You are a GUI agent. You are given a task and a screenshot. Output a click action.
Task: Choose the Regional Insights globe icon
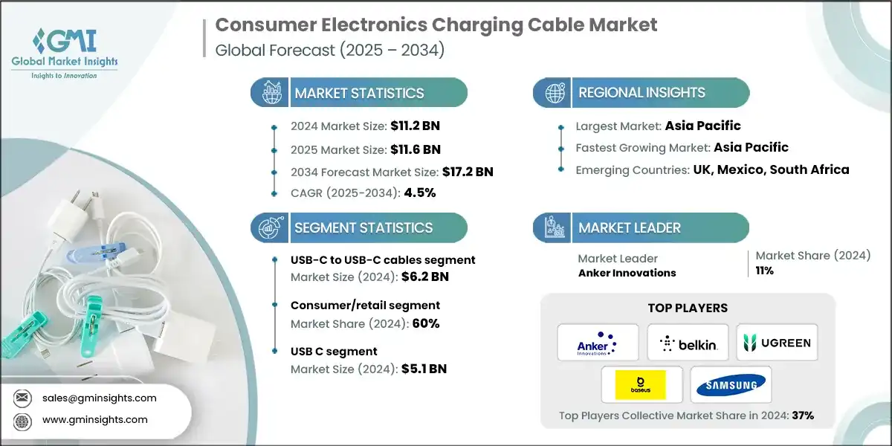point(555,93)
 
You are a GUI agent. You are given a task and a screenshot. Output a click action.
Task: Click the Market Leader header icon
point(555,227)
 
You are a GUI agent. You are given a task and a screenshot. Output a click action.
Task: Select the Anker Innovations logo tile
point(598,343)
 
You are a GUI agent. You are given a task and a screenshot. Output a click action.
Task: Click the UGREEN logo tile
point(777,343)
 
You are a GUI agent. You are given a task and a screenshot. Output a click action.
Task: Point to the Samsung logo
point(731,385)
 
